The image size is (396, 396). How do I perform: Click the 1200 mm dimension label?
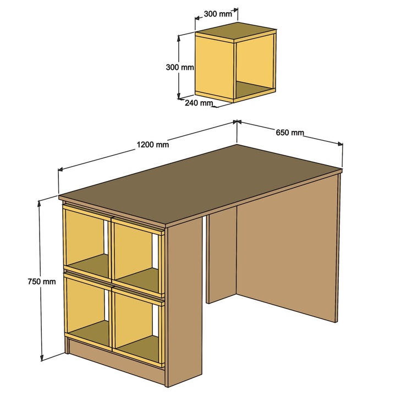point(152,145)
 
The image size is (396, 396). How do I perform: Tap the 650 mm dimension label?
point(290,133)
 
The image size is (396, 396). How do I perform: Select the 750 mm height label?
point(42,282)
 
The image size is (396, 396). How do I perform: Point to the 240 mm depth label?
point(199,103)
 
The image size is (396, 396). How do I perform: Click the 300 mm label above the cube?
point(218,14)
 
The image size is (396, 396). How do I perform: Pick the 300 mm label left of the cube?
point(180,67)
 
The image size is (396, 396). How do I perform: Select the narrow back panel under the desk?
point(221,255)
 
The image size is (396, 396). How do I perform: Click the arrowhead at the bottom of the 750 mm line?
point(42,358)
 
